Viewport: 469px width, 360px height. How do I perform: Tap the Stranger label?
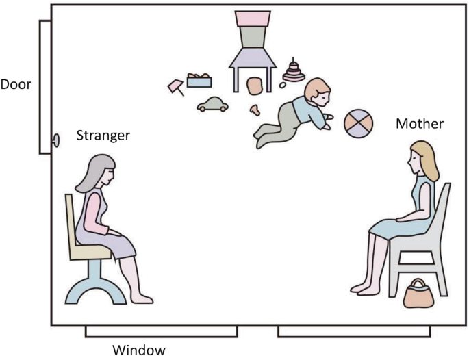103,135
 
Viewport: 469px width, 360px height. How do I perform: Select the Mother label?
420,124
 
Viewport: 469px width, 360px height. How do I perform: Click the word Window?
139,350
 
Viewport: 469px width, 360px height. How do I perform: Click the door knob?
55,140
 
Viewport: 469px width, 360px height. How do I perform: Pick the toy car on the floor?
212,104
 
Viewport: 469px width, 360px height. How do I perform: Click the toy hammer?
176,87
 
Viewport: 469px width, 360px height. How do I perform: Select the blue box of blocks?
199,81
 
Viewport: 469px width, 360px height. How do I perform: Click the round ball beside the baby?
359,123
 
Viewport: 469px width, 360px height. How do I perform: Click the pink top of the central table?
253,17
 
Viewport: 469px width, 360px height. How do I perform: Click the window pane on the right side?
354,331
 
